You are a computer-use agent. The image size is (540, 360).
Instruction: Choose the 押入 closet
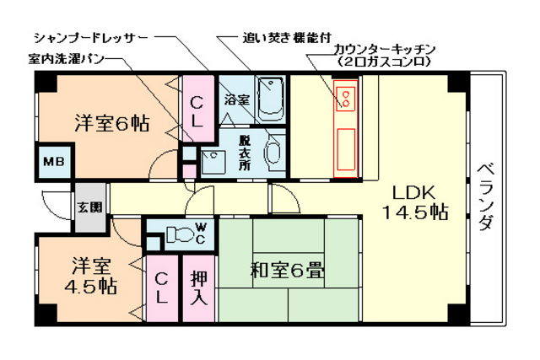199,287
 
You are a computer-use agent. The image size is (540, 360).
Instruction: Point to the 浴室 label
235,99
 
